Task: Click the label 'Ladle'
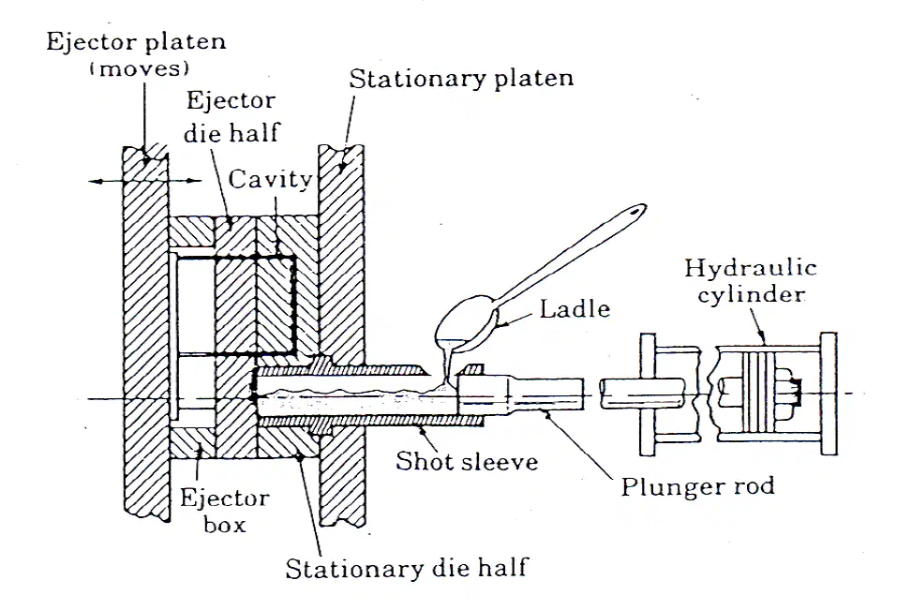575,308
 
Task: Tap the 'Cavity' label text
270,180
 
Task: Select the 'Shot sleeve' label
467,461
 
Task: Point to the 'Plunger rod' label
697,486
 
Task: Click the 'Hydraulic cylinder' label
751,281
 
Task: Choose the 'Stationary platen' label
461,79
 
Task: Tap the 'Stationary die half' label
407,568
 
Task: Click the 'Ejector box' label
224,512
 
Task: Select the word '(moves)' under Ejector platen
140,69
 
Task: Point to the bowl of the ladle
465,323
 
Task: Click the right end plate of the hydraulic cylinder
829,394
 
